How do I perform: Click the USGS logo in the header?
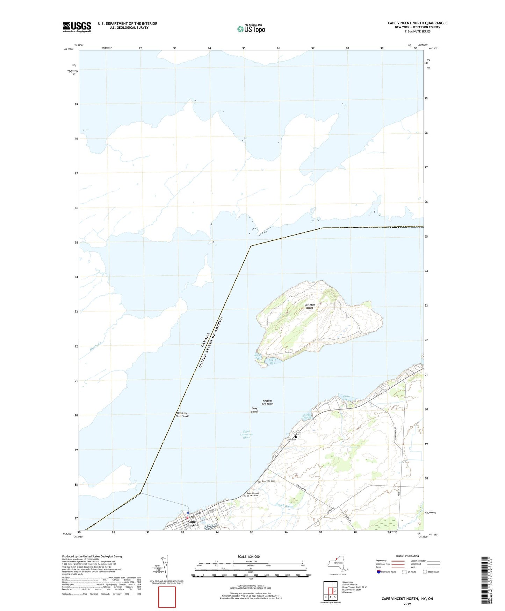click(x=77, y=27)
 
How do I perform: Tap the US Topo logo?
click(x=251, y=28)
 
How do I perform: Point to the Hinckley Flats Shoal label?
click(x=182, y=415)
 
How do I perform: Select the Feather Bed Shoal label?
click(x=267, y=402)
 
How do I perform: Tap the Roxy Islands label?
click(x=254, y=410)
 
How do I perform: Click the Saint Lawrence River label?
click(x=246, y=434)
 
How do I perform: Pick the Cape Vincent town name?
click(x=192, y=524)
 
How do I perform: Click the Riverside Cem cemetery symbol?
click(x=259, y=482)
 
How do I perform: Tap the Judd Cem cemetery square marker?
click(x=296, y=437)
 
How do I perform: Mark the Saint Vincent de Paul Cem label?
click(x=253, y=494)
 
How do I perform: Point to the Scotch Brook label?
click(x=284, y=506)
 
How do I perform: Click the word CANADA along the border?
click(x=205, y=340)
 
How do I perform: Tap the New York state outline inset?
click(x=337, y=563)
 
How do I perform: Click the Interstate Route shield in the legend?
click(x=378, y=572)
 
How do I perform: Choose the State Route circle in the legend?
click(x=425, y=572)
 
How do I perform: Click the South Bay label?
click(x=272, y=361)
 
